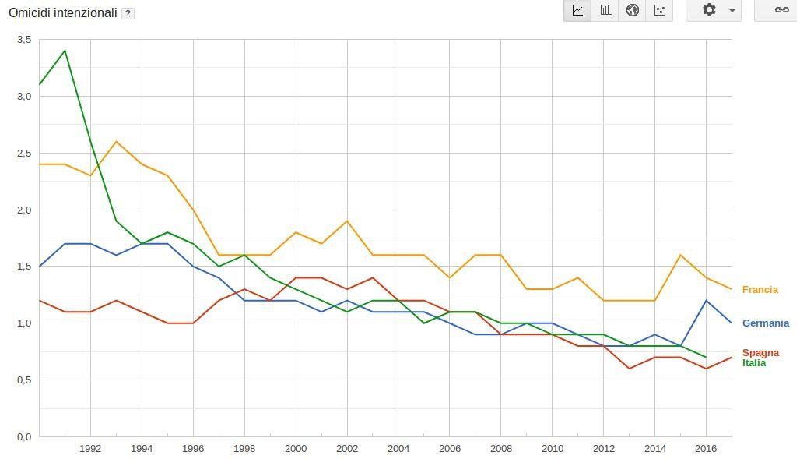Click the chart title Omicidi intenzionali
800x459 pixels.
pyautogui.click(x=62, y=13)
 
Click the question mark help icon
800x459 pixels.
pyautogui.click(x=128, y=14)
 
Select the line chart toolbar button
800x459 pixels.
pyautogui.click(x=577, y=10)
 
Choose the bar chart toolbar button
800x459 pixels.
pyautogui.click(x=605, y=10)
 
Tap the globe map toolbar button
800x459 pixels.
pyautogui.click(x=633, y=10)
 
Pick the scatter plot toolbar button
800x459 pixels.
pyautogui.click(x=660, y=10)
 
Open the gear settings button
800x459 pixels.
pyautogui.click(x=713, y=10)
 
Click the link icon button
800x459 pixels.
pyautogui.click(x=781, y=10)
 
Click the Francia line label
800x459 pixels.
pyautogui.click(x=760, y=290)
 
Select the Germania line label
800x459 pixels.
pyautogui.click(x=765, y=323)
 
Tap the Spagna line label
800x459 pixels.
pyautogui.click(x=760, y=353)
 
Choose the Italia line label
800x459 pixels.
pyautogui.click(x=753, y=363)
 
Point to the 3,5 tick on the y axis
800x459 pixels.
pyautogui.click(x=24, y=40)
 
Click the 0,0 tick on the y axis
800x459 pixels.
pyautogui.click(x=24, y=437)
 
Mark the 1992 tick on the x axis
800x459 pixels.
pyautogui.click(x=90, y=449)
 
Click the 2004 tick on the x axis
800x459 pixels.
pyautogui.click(x=398, y=449)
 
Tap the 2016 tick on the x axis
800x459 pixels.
pyautogui.click(x=705, y=449)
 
